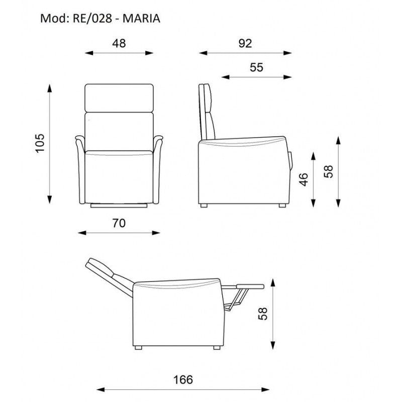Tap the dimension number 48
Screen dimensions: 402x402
pos(119,43)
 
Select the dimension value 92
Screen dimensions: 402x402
pos(245,43)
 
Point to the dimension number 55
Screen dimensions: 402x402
pos(256,68)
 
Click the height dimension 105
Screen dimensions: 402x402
pos(41,143)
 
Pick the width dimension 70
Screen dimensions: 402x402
pos(119,224)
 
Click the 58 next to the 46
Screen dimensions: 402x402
pos(329,171)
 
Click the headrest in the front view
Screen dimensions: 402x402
pos(119,98)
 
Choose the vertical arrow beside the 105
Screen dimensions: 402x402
pos(50,143)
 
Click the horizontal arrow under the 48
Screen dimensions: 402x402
pos(119,53)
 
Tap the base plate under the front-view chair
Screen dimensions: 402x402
pos(119,206)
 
